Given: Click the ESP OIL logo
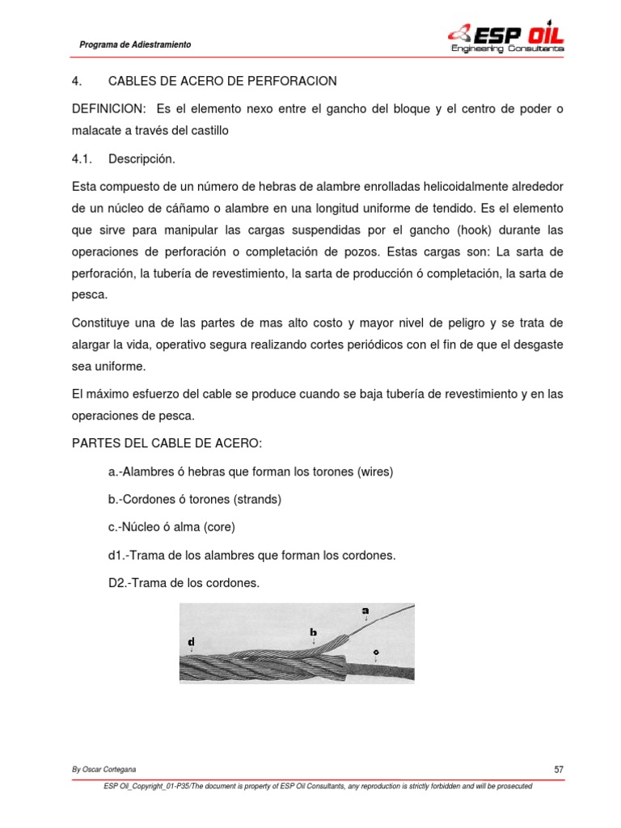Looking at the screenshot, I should [506, 37].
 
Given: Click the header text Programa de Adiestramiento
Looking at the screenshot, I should [135, 45].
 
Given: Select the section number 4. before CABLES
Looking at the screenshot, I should [77, 82].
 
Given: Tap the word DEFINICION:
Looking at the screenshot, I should [109, 109].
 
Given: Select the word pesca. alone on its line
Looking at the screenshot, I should [88, 295].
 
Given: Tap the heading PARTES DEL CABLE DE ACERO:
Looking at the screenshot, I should [167, 444].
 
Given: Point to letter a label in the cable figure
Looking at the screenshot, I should [365, 611].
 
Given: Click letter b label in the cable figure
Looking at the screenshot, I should [313, 631].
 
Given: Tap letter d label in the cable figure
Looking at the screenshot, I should [191, 643].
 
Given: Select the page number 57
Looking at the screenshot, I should [558, 770].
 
